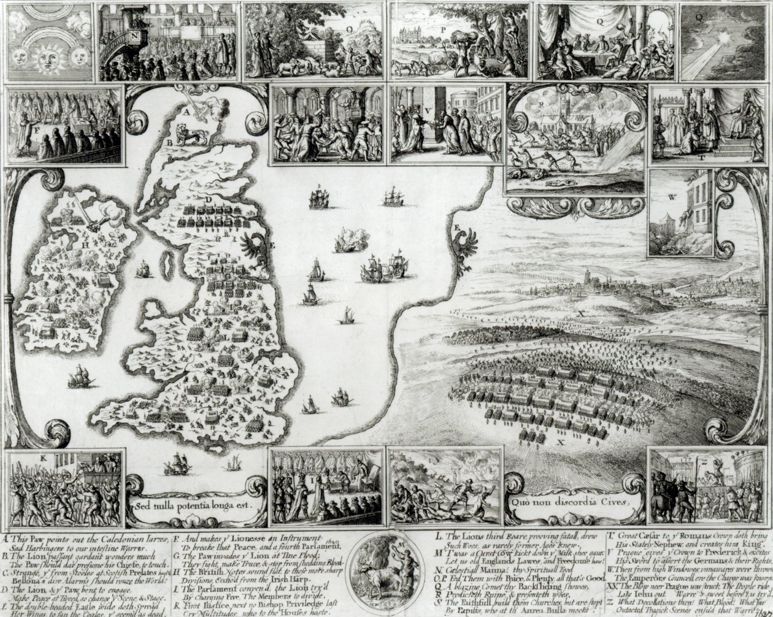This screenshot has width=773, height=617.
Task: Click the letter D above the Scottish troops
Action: click(209, 200)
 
